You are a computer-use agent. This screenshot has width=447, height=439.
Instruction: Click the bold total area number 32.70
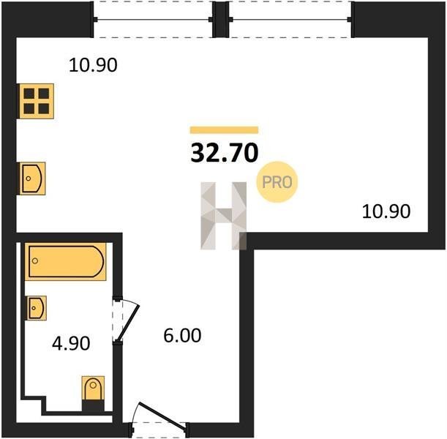(x=225, y=153)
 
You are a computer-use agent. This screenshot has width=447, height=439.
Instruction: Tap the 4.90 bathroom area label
(x=71, y=343)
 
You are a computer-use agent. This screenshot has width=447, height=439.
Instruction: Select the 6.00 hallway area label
(x=182, y=335)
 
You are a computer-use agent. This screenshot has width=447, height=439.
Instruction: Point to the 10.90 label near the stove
(x=93, y=65)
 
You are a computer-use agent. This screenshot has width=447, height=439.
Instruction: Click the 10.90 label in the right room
(x=386, y=211)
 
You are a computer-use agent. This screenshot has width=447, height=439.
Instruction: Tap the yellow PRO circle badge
(x=277, y=182)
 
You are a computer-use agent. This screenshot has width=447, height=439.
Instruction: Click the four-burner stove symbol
(x=36, y=101)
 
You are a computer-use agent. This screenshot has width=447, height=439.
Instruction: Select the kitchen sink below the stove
(x=32, y=179)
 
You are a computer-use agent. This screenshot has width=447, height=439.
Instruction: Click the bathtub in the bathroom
(x=65, y=261)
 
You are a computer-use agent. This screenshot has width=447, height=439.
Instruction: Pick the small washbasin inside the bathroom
(x=37, y=308)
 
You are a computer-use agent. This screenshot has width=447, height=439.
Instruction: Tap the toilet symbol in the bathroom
(x=93, y=388)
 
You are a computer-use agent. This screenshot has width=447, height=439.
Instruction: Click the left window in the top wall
(x=153, y=19)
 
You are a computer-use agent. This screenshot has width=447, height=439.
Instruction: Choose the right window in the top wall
(x=290, y=19)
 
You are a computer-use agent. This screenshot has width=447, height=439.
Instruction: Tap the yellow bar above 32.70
(x=224, y=130)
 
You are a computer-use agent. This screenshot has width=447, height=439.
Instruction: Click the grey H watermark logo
(x=224, y=216)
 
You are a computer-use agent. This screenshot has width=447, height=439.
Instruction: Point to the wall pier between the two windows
(x=221, y=19)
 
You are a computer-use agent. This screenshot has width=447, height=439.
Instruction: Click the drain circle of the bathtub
(x=35, y=260)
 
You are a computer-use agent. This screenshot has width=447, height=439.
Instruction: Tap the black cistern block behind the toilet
(x=93, y=405)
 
